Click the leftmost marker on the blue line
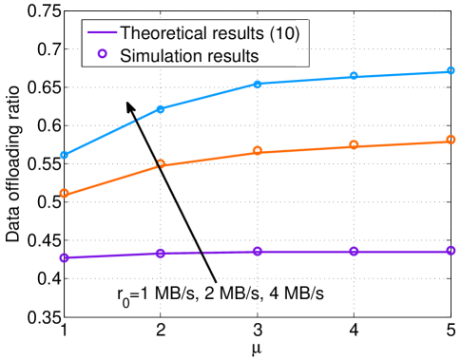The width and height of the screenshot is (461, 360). coord(65,155)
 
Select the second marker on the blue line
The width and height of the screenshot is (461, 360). coord(161,109)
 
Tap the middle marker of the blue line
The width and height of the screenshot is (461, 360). coord(258,84)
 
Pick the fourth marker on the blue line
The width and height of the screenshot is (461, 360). coord(354,76)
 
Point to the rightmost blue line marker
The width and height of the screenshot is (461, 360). coord(450,71)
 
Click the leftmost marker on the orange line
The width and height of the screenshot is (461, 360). coord(65,194)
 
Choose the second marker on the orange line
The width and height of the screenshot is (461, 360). coord(161,164)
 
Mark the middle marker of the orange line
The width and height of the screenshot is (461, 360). coord(258,151)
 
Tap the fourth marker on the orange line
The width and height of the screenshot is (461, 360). coord(354,145)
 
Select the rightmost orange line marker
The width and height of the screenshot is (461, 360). coord(450,141)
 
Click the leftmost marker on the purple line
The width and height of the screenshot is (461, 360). coord(65,257)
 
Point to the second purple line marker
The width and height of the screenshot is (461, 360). coord(161,253)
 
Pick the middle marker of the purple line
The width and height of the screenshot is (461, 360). coord(258,251)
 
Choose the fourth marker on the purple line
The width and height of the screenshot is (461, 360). coord(354,251)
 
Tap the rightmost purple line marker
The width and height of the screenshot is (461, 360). coord(450,251)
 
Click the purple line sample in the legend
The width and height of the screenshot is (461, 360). coord(102,33)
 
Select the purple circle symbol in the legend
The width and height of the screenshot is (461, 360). coord(102,55)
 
